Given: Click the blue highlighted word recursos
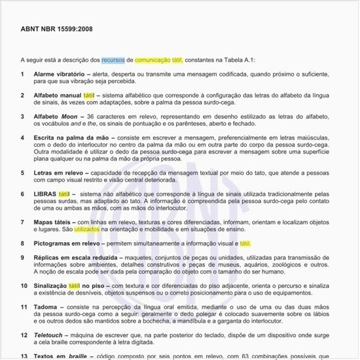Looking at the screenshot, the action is point(113,60).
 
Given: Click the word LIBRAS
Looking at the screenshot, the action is point(45,194).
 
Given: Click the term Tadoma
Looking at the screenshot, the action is point(46,307).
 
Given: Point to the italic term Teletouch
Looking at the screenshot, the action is point(48,335).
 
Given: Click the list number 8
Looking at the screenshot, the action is point(23,243).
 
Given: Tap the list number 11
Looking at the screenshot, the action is point(23,307).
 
